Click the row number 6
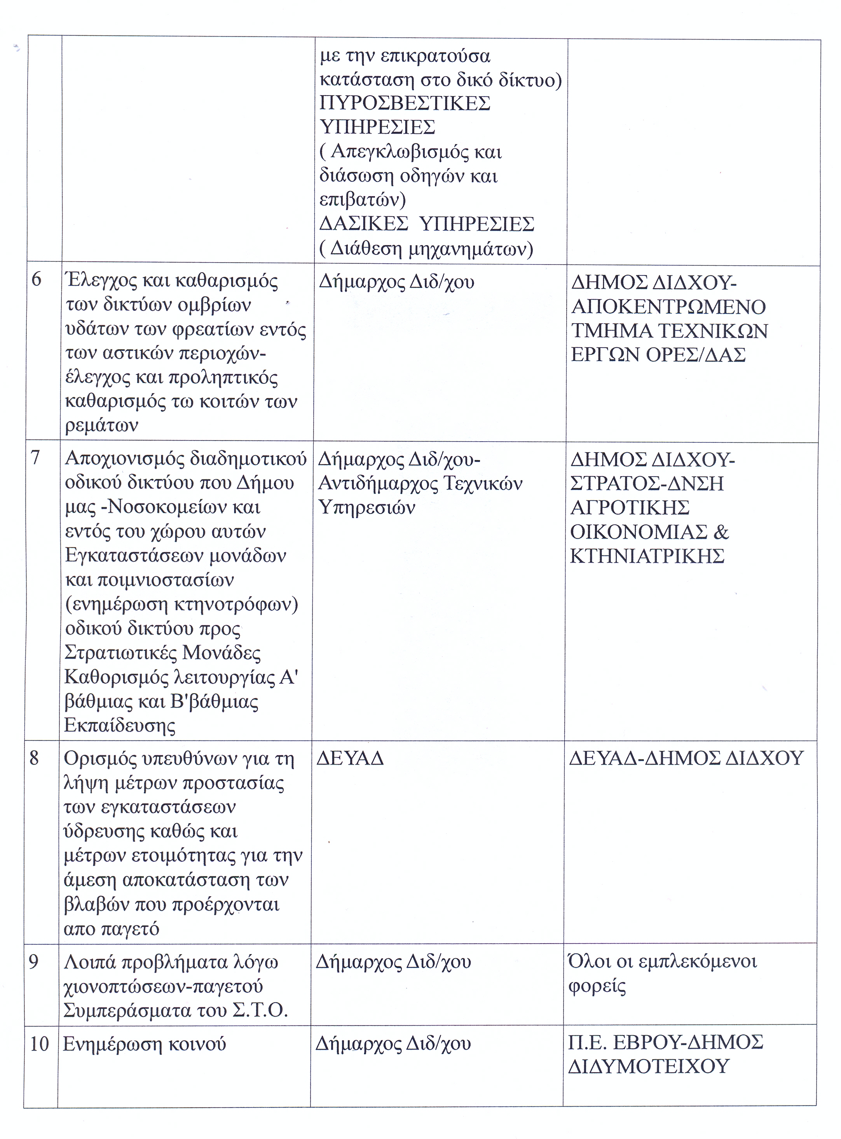click(36, 280)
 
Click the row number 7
click(35, 458)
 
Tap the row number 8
click(34, 758)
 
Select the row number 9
click(33, 962)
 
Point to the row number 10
click(40, 1044)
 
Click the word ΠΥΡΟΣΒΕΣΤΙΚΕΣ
click(405, 103)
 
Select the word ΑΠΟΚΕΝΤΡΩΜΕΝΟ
click(668, 307)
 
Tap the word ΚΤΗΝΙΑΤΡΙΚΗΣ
click(647, 556)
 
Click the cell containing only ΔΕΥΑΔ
click(350, 758)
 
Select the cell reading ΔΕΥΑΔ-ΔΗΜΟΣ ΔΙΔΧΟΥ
click(686, 758)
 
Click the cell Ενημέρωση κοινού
click(144, 1044)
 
